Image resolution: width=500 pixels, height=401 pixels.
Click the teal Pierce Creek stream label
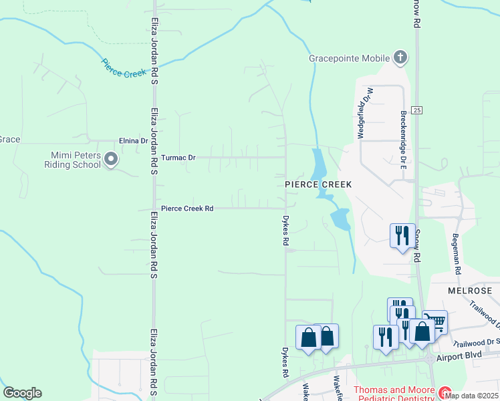[124, 68]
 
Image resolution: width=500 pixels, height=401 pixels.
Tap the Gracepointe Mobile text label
[348, 57]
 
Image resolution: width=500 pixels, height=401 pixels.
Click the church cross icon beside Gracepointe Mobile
[400, 57]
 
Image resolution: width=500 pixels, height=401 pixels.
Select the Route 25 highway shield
[416, 110]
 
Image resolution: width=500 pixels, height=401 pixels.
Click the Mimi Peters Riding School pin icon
[112, 160]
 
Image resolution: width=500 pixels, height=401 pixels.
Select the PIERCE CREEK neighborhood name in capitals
[318, 184]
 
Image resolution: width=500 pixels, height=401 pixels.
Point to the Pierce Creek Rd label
[187, 209]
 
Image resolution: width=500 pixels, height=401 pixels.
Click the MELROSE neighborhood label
[470, 291]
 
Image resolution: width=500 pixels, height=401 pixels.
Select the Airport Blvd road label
[469, 356]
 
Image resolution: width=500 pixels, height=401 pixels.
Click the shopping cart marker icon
[435, 322]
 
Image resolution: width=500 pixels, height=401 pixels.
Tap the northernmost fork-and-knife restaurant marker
[403, 236]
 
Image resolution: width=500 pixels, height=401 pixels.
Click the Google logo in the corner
[22, 393]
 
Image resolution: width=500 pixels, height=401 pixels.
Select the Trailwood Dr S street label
[475, 342]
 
